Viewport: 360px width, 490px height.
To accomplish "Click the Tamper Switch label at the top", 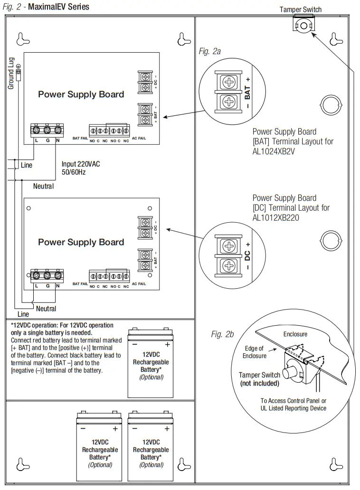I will [x=300, y=9].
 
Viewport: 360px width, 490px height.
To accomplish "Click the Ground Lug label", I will [x=11, y=73].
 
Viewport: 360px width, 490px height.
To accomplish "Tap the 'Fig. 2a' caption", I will [x=209, y=51].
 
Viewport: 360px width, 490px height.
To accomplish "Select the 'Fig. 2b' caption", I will [x=222, y=334].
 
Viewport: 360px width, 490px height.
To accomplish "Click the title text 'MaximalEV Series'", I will [x=58, y=7].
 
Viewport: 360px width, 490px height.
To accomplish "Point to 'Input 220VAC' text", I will [x=81, y=164].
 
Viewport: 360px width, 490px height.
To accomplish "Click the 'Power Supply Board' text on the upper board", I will [x=81, y=94].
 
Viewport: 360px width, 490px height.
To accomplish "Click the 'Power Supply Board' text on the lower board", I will [x=81, y=242].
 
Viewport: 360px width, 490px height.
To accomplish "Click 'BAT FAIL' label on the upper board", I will [x=80, y=139].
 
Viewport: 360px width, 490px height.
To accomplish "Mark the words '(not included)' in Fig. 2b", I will [x=259, y=383].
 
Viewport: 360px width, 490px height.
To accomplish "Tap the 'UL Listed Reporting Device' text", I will [x=293, y=408].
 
